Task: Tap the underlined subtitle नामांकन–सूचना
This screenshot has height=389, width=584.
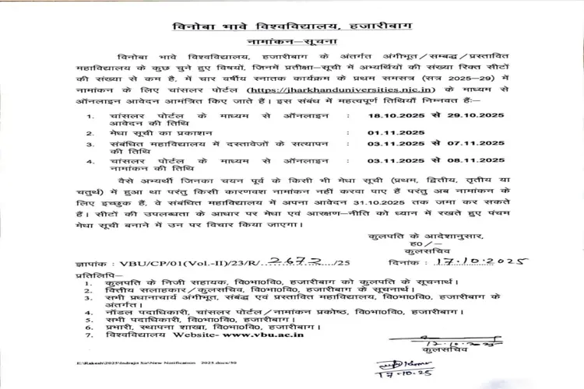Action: tap(292, 45)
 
